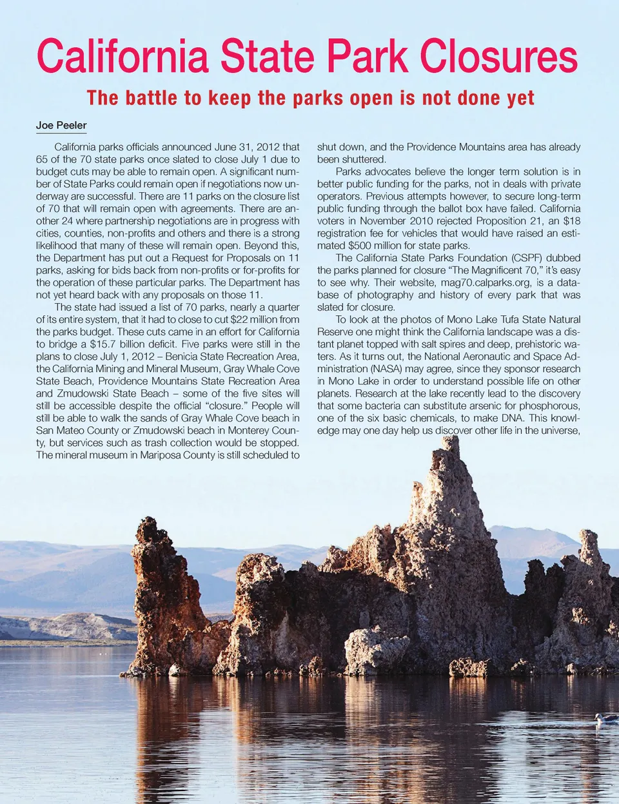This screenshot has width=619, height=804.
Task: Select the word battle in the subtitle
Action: tap(148, 98)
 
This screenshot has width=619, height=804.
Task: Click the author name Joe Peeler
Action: tap(61, 125)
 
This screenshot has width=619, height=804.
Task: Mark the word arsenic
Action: tap(488, 405)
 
